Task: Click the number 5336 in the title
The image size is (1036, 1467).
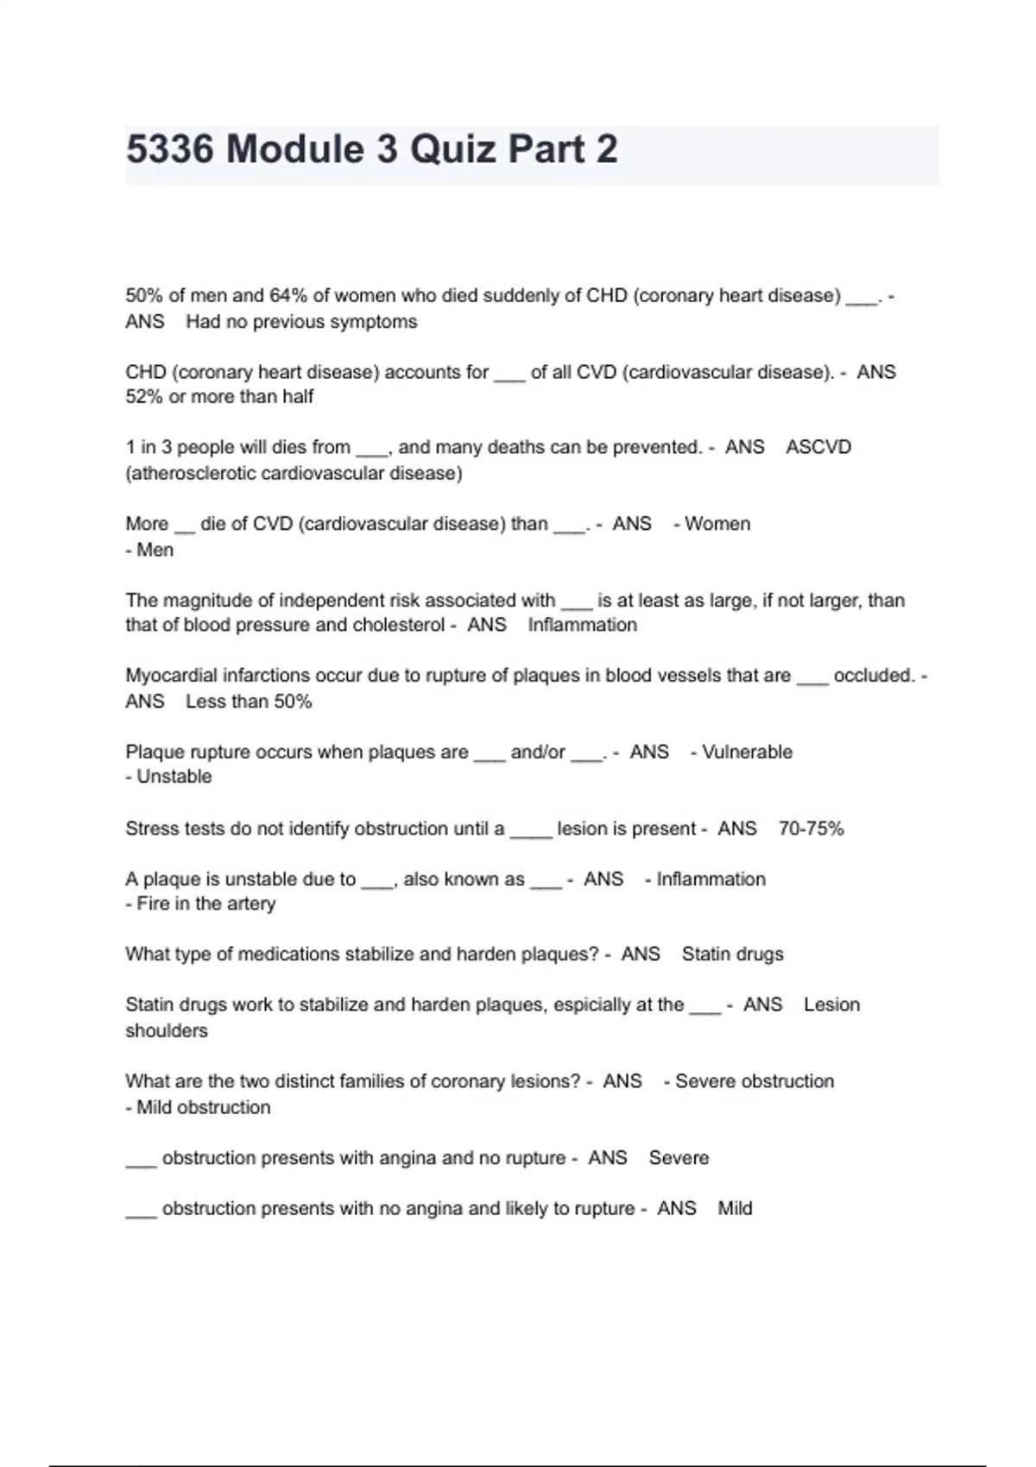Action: (169, 149)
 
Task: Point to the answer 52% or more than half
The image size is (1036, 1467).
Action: (219, 397)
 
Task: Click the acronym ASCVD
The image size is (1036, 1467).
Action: (818, 447)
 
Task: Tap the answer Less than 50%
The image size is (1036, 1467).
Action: (249, 702)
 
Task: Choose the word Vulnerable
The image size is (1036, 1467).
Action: (747, 752)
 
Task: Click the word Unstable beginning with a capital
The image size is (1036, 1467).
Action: (174, 777)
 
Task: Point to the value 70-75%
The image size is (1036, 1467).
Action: (811, 828)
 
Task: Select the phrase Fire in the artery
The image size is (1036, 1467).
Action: (205, 903)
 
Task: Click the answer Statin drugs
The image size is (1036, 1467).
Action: (732, 954)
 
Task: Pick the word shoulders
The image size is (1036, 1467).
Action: (167, 1030)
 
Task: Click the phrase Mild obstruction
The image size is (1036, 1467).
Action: (203, 1107)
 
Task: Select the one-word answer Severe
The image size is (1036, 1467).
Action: (679, 1158)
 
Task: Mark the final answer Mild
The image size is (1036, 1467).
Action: (735, 1208)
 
